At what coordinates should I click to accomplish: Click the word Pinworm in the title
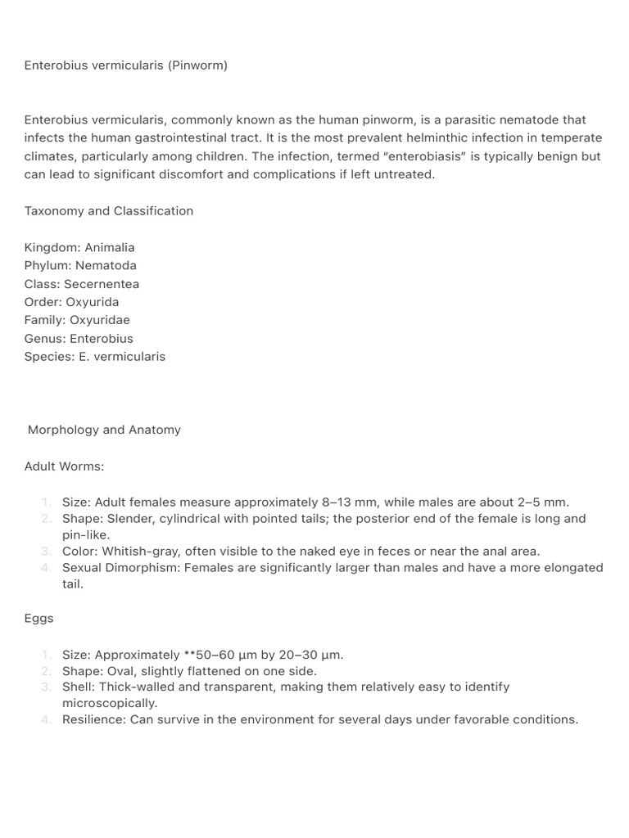(x=197, y=65)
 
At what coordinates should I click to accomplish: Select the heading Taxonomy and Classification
(x=109, y=211)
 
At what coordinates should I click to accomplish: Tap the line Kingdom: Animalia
(x=79, y=247)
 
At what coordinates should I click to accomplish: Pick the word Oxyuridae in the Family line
(x=100, y=320)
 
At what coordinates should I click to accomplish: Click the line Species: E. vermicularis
(x=95, y=357)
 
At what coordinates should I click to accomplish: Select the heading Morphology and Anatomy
(x=104, y=430)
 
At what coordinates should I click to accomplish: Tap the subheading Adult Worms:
(x=64, y=466)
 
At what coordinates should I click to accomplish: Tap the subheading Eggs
(x=39, y=619)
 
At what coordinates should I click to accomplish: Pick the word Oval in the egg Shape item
(x=117, y=671)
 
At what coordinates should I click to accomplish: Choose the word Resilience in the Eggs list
(x=93, y=720)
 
